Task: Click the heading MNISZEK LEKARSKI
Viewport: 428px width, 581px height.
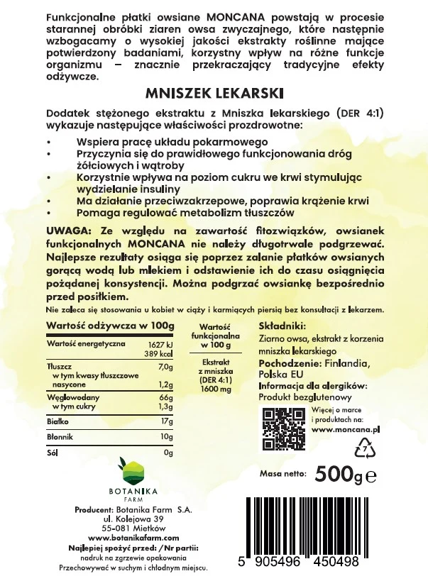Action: [x=214, y=92]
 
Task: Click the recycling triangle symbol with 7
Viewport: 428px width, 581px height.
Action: [x=363, y=448]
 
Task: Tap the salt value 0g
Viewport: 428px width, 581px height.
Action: [x=168, y=452]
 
